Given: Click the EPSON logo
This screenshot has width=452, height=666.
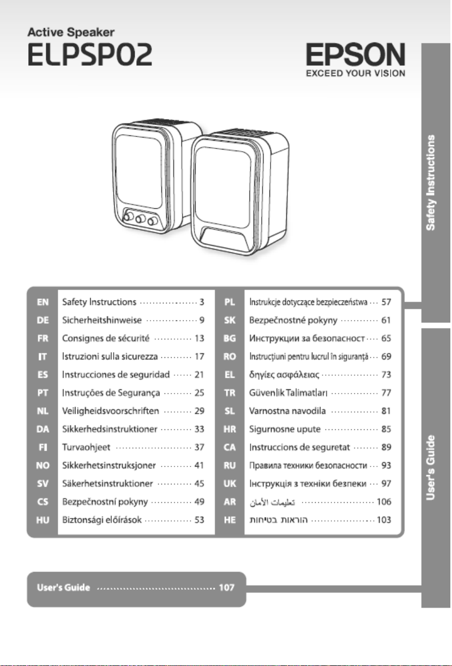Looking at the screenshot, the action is (355, 54).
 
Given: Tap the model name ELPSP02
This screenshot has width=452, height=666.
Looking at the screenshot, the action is (90, 54).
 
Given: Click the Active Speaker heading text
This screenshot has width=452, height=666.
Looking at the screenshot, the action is (71, 32).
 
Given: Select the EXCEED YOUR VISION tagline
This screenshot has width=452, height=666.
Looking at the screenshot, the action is (355, 73).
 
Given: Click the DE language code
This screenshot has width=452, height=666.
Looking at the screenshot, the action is (43, 320).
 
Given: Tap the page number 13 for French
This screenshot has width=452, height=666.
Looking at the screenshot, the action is (199, 338).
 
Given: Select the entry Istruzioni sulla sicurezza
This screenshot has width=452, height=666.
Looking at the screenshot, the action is (110, 357).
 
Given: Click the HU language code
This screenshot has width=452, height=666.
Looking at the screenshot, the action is (43, 520).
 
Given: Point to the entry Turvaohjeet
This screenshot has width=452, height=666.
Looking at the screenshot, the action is (86, 447).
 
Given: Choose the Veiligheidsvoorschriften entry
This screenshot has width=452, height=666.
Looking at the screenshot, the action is (110, 411).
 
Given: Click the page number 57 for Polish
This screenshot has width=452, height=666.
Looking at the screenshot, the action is (386, 302).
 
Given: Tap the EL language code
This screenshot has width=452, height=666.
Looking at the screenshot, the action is (230, 375).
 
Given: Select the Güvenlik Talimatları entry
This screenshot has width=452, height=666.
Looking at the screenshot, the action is (288, 393).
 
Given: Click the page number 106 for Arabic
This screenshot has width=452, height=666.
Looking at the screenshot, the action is (384, 502).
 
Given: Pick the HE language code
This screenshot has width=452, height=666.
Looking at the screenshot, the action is (230, 520).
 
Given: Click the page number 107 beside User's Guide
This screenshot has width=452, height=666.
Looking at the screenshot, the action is (227, 588).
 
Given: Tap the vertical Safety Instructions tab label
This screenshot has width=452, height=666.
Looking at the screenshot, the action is (431, 183).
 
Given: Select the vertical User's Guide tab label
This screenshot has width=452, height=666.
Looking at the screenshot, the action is (431, 468).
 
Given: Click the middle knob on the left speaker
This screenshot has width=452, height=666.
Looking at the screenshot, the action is (140, 219).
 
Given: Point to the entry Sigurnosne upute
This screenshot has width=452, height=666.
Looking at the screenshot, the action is (285, 429).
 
